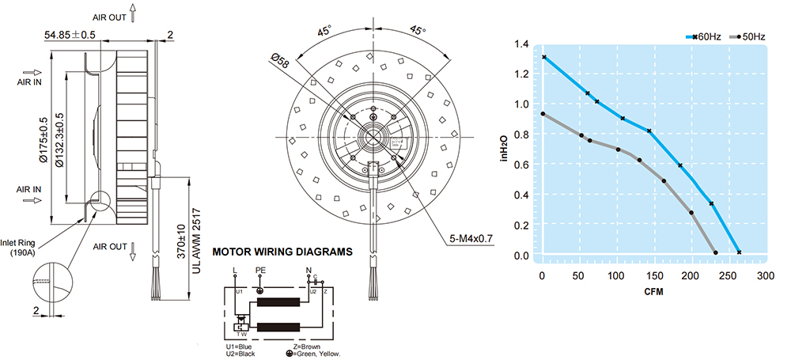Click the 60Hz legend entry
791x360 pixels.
(706, 36)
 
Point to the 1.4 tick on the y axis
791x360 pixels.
(520, 44)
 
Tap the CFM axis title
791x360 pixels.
(653, 293)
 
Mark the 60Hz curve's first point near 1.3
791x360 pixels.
(544, 58)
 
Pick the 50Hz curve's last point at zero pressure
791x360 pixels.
(716, 253)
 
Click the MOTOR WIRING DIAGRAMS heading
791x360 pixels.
(282, 253)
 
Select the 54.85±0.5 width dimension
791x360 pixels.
(70, 35)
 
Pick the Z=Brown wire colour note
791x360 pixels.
(307, 346)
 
